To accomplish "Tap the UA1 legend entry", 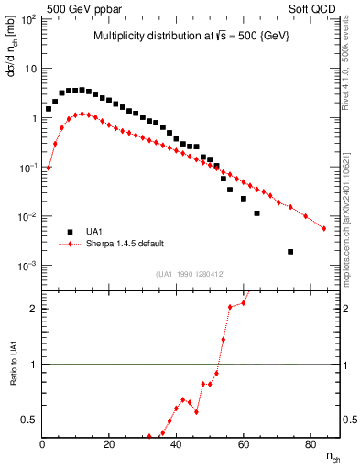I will (95, 232).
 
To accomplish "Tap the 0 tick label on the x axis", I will (43, 445).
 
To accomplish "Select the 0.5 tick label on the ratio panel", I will (28, 420).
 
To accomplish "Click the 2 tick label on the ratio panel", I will (34, 309).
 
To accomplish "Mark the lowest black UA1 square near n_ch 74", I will (290, 252).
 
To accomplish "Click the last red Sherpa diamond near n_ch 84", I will (323, 229).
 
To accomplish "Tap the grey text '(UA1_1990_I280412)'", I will (191, 274).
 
